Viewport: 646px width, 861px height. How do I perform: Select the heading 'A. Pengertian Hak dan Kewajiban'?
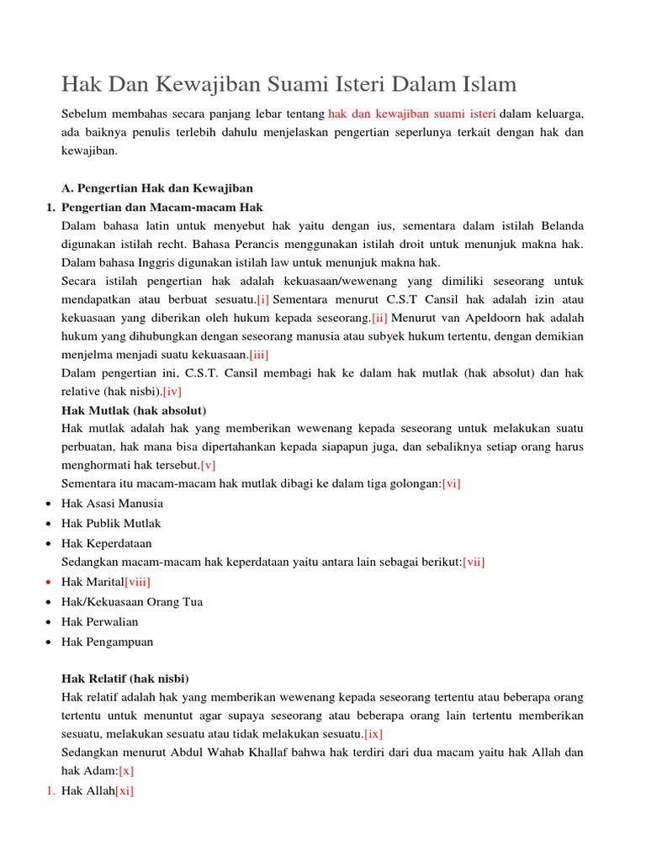point(157,188)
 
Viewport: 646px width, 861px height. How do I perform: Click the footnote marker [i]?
point(263,299)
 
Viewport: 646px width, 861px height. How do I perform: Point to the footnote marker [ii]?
point(379,319)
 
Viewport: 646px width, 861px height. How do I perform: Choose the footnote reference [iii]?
point(258,355)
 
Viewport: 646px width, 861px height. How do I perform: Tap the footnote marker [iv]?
point(172,391)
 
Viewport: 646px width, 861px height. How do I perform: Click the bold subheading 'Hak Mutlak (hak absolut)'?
point(134,410)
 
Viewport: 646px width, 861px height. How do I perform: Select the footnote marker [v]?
point(208,465)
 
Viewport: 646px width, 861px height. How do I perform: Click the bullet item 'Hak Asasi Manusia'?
point(112,504)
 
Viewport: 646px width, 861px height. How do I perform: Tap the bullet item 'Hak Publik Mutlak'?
point(111,523)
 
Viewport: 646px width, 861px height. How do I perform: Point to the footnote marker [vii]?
point(474,562)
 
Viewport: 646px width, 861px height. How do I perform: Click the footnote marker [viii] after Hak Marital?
point(137,582)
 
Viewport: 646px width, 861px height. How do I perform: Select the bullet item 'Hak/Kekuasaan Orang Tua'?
point(132,602)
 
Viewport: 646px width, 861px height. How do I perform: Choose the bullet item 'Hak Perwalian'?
point(99,621)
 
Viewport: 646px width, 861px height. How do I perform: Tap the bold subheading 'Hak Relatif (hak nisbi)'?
point(125,679)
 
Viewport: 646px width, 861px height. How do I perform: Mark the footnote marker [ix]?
point(373,734)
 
